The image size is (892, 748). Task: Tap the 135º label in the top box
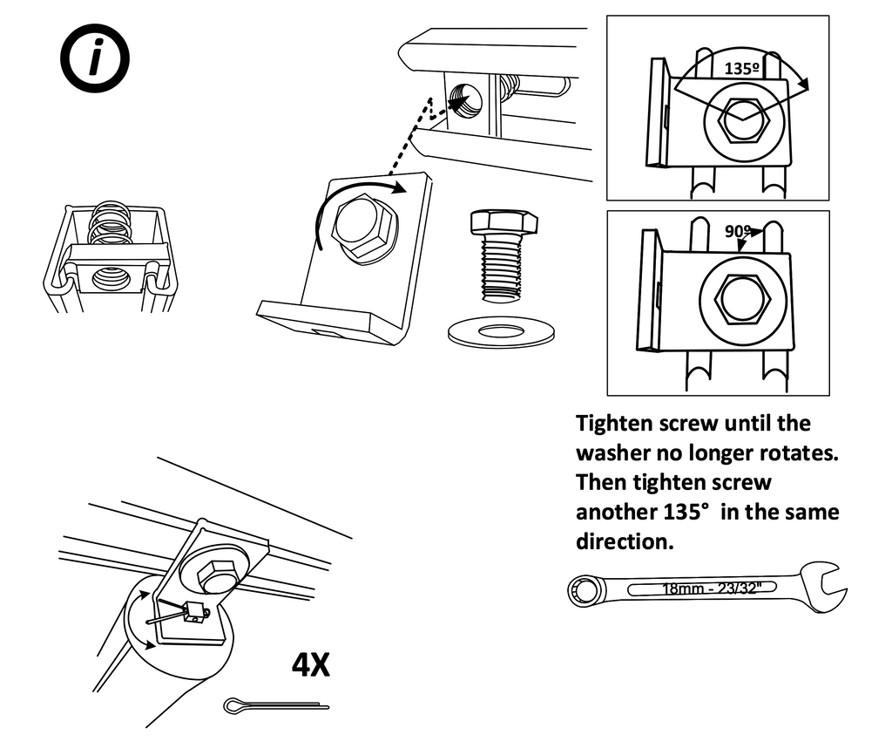pos(743,66)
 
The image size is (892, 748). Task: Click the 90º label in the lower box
pos(737,231)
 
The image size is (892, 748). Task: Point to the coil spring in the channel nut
pos(111,224)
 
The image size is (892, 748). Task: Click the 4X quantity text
pos(310,666)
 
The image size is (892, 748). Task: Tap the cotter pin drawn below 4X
pos(274,704)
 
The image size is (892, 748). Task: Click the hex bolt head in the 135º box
pos(741,119)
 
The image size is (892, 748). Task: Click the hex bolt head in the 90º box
pos(742,300)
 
